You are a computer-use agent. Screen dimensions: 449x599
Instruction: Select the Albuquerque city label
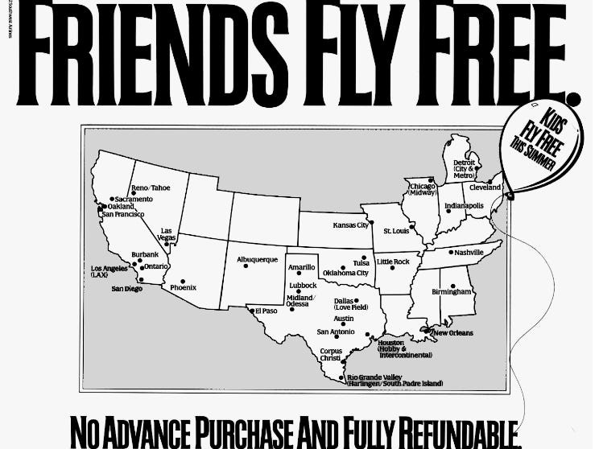point(257,260)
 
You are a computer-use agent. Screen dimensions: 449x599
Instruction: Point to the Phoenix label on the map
point(182,287)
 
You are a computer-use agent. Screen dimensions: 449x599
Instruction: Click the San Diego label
point(126,288)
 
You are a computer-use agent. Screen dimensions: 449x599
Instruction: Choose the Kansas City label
point(350,225)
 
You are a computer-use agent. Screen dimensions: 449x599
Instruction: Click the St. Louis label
point(396,231)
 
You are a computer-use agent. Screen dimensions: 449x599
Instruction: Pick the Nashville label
point(469,253)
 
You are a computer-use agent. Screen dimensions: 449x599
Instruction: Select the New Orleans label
point(452,332)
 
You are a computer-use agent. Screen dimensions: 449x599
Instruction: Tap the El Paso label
point(266,311)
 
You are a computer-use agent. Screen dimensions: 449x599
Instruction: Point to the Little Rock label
point(393,262)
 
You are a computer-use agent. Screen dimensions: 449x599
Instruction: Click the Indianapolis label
point(465,206)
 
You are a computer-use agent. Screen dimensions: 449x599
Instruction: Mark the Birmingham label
point(451,291)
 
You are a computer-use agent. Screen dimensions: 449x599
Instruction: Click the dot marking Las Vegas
point(166,244)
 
